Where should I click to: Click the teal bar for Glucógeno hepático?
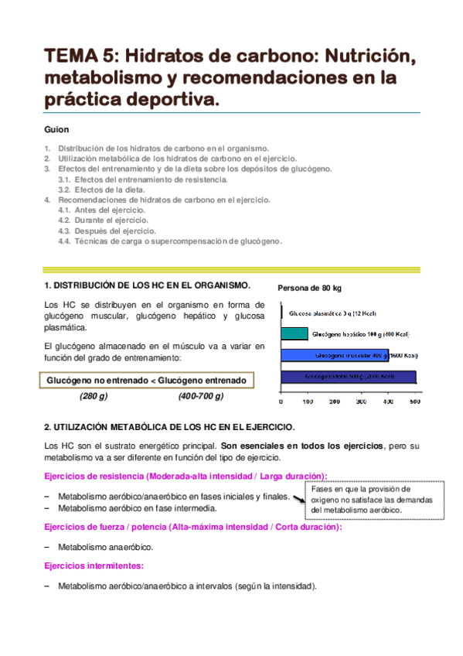point(293,334)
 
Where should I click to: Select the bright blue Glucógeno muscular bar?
point(348,356)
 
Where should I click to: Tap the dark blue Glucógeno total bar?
point(348,377)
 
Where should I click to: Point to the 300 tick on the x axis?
point(361,401)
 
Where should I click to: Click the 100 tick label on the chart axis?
point(307,401)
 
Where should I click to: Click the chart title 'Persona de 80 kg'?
point(309,288)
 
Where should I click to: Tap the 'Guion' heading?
point(56,129)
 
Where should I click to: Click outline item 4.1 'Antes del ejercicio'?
point(101,210)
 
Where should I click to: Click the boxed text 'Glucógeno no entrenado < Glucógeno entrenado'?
point(146,381)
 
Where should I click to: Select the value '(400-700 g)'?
point(200,396)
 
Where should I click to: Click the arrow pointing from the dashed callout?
point(300,500)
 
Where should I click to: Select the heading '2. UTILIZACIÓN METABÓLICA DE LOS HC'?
point(169,426)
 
